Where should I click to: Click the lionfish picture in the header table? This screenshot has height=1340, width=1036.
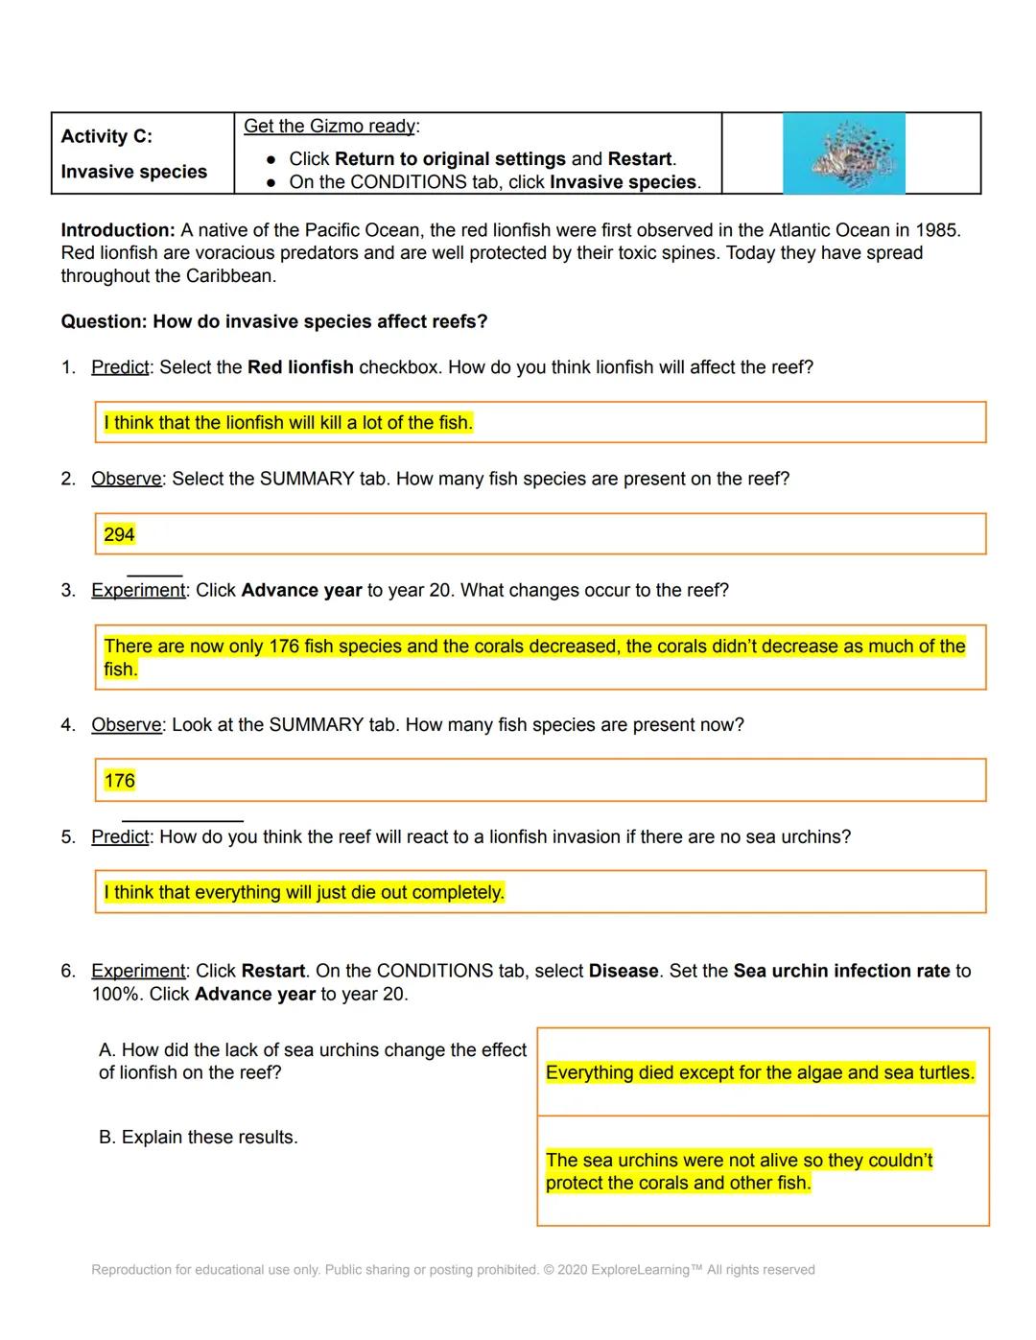click(843, 153)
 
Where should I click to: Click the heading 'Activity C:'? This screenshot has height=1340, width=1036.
click(106, 136)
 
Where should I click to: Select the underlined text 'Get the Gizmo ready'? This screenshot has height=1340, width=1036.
click(329, 126)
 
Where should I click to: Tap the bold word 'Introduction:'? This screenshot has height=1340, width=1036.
click(118, 230)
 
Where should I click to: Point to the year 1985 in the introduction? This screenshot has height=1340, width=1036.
click(937, 230)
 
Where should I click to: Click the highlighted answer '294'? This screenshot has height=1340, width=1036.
click(119, 534)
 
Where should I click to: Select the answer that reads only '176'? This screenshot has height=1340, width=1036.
click(119, 781)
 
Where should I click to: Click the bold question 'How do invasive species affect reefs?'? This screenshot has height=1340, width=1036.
click(320, 321)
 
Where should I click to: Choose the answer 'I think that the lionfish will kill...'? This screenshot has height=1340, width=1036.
click(288, 423)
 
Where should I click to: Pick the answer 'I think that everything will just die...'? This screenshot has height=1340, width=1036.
click(304, 893)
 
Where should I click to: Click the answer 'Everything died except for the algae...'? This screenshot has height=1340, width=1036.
click(760, 1072)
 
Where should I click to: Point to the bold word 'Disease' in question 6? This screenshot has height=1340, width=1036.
click(624, 971)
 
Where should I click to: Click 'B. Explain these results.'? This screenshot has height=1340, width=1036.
click(199, 1137)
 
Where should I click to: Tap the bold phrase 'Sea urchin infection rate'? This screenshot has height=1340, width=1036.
click(841, 971)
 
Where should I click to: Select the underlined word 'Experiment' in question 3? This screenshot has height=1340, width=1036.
click(138, 590)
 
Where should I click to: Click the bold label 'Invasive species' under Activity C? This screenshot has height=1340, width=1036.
click(134, 172)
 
